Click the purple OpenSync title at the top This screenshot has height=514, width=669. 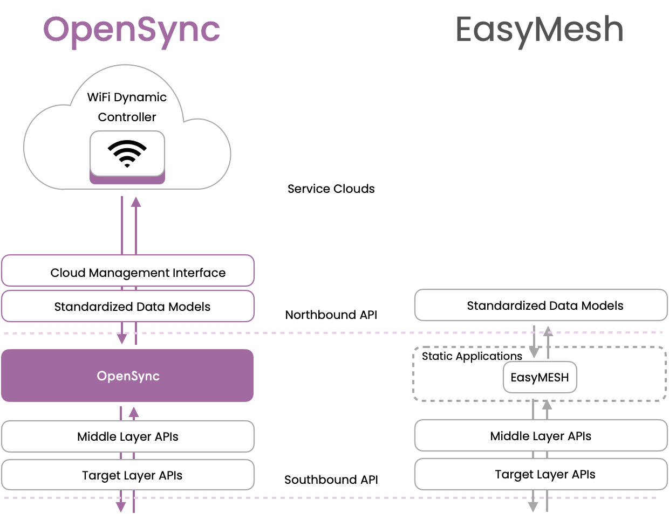coord(132,30)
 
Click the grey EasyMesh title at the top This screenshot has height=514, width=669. coord(540,30)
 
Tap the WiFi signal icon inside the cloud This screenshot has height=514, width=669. coord(127,154)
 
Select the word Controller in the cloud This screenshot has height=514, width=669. coord(127,117)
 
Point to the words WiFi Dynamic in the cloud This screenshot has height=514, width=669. coord(127,97)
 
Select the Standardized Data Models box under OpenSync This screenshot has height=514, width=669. coord(127,307)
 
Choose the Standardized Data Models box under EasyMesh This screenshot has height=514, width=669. coord(541,305)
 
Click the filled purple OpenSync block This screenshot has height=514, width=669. coord(127,376)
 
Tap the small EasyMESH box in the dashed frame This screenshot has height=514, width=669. coord(540,377)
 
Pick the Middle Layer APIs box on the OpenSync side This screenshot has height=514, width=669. coord(127,436)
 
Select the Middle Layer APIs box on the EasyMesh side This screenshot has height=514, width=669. coord(541,436)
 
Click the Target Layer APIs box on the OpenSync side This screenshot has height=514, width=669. coord(127,475)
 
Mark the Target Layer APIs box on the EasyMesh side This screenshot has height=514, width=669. coord(541,474)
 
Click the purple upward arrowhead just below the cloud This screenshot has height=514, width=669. coord(135,202)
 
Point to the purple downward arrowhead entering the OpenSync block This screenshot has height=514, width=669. coord(122,338)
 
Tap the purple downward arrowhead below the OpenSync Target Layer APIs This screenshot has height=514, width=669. coord(121,507)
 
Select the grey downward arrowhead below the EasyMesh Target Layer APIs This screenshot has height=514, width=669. coord(533,507)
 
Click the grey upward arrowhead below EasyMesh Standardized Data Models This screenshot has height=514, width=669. coord(548,331)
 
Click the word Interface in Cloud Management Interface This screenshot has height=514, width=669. coord(199,273)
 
